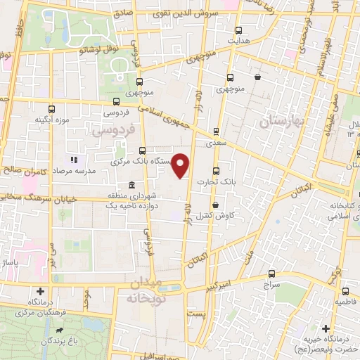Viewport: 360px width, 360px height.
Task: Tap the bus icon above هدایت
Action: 239,30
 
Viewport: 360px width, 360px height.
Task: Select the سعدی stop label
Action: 215,142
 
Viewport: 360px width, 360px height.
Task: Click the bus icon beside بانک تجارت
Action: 215,170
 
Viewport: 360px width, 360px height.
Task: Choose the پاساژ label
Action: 14,262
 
